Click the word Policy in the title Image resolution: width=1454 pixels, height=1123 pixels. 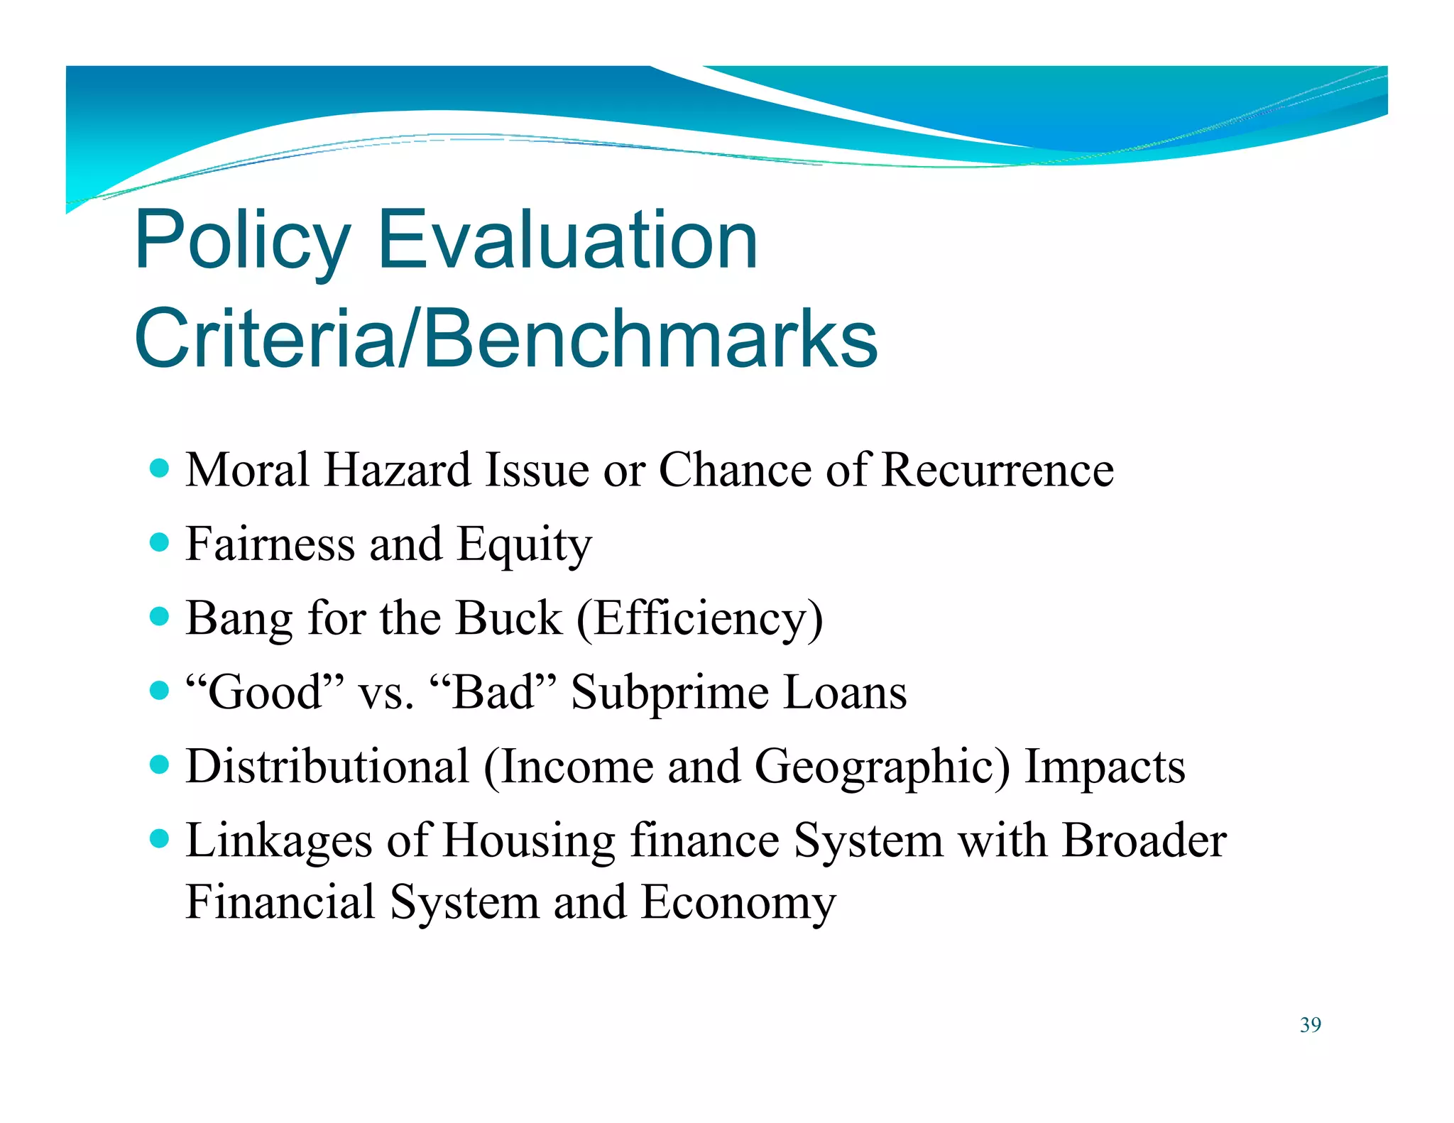point(241,241)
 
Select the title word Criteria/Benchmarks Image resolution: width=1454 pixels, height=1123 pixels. point(505,339)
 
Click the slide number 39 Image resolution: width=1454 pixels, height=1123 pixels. point(1310,1025)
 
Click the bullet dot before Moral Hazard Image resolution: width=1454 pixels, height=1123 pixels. point(160,469)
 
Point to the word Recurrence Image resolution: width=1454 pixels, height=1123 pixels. point(997,470)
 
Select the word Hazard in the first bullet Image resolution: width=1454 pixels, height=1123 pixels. point(397,470)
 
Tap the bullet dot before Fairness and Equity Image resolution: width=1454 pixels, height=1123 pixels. point(160,543)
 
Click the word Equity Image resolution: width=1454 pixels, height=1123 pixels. point(523,545)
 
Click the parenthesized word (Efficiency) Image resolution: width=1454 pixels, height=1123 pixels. point(699,619)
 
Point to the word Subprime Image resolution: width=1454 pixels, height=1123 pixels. point(669,694)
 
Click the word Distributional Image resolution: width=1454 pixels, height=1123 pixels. point(327,767)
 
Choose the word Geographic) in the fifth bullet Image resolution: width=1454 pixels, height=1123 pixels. point(881,768)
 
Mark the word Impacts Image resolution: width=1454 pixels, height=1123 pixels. point(1105,768)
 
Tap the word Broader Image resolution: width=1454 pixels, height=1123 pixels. point(1144,841)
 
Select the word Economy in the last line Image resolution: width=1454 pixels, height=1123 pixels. point(738,904)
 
